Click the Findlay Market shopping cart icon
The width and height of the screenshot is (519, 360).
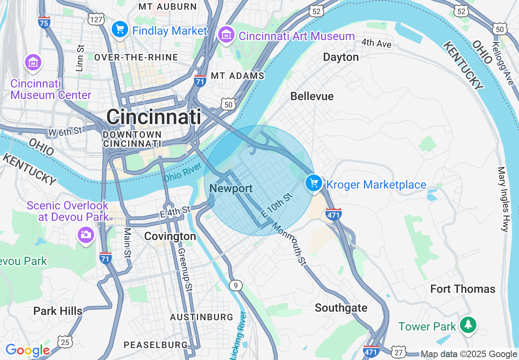pyautogui.click(x=120, y=29)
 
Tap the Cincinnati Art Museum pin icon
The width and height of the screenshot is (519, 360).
pyautogui.click(x=226, y=35)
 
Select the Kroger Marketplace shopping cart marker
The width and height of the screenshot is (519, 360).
pyautogui.click(x=314, y=184)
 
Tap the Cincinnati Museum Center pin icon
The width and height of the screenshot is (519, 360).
pyautogui.click(x=33, y=63)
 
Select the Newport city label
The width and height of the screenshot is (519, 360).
pyautogui.click(x=231, y=189)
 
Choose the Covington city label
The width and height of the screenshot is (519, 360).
pyautogui.click(x=170, y=236)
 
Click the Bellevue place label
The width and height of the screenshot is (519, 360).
pyautogui.click(x=312, y=96)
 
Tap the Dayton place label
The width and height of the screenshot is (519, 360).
pyautogui.click(x=341, y=57)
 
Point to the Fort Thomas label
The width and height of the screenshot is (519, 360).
pyautogui.click(x=463, y=289)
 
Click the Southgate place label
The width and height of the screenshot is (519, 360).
pyautogui.click(x=341, y=308)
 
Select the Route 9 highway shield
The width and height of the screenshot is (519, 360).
pyautogui.click(x=235, y=285)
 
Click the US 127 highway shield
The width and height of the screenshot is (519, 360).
pyautogui.click(x=96, y=19)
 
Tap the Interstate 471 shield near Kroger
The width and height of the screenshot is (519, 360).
pyautogui.click(x=334, y=214)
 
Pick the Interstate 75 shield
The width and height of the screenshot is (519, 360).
pyautogui.click(x=44, y=23)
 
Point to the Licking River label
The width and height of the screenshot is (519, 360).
pyautogui.click(x=237, y=333)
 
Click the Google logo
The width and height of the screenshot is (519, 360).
pyautogui.click(x=27, y=350)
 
